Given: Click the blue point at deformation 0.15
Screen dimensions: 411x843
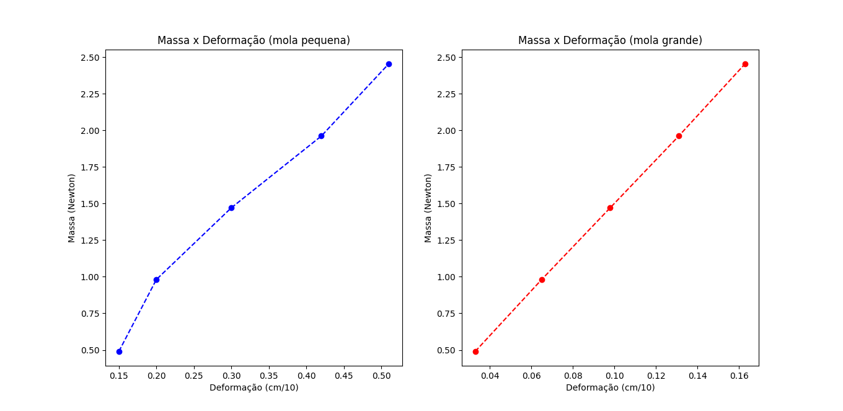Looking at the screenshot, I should pos(119,351).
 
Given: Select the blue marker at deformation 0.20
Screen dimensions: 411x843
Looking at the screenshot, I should pos(156,280).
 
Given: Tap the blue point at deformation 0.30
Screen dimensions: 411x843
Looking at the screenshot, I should pos(231,208).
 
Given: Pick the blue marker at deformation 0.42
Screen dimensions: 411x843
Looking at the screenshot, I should pos(321,136).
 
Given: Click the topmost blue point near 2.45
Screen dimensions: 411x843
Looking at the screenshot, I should pos(389,64).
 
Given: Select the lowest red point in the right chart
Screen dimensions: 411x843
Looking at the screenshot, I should pos(475,351).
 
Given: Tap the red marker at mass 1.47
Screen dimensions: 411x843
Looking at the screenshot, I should pos(610,208).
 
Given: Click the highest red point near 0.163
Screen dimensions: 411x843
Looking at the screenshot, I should pos(745,64).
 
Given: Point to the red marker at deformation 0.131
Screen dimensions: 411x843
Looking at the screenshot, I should pos(679,136).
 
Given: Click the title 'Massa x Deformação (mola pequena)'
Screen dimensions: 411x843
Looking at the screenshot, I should pos(254,40).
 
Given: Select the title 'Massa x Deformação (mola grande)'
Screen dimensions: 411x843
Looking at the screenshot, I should pos(610,40).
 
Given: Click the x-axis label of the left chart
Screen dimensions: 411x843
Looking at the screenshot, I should pos(254,387).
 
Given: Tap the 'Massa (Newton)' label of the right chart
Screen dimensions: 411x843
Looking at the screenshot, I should pos(428,208).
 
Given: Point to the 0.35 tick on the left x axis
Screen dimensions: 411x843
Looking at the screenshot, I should pos(269,376).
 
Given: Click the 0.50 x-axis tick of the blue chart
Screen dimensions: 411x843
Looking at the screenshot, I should pos(381,376).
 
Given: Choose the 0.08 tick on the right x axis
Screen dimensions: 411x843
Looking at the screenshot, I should pos(573,376).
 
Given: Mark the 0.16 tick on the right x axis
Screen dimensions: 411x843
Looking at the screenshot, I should pos(739,376).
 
